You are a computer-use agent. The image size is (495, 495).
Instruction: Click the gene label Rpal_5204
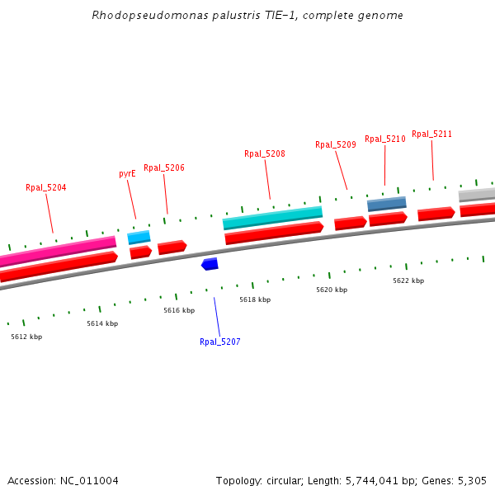[x=45, y=188]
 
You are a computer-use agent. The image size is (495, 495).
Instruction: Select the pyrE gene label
[x=127, y=174]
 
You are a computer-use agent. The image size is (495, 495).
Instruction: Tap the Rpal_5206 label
[x=164, y=167]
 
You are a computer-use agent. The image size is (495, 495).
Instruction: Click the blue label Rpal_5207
[x=219, y=342]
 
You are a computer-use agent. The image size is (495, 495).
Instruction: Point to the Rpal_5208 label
[x=265, y=153]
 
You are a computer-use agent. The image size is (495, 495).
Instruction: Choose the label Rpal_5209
[x=336, y=144]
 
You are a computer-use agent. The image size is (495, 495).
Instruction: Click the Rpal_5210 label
[x=385, y=139]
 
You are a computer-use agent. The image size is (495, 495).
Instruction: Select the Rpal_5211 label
[x=431, y=134]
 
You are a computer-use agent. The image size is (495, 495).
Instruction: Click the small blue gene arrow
[x=210, y=264]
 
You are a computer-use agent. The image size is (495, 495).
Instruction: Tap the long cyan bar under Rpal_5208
[x=272, y=218]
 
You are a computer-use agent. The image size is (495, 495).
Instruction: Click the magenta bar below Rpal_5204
[x=58, y=250]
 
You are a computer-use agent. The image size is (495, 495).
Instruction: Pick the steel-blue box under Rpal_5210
[x=386, y=203]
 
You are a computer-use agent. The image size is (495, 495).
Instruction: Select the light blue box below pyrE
[x=139, y=238]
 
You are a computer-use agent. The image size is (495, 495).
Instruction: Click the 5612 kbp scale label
[x=26, y=337]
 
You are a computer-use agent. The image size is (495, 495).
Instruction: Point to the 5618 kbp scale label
[x=255, y=299]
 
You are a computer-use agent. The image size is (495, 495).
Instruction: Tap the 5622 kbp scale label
[x=408, y=280]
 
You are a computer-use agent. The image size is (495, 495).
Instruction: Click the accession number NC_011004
[x=89, y=480]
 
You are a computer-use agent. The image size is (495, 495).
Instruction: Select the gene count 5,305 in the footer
[x=471, y=480]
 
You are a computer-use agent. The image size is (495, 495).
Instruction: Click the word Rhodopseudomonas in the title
[x=135, y=16]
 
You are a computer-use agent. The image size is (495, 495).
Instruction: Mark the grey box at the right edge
[x=477, y=195]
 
